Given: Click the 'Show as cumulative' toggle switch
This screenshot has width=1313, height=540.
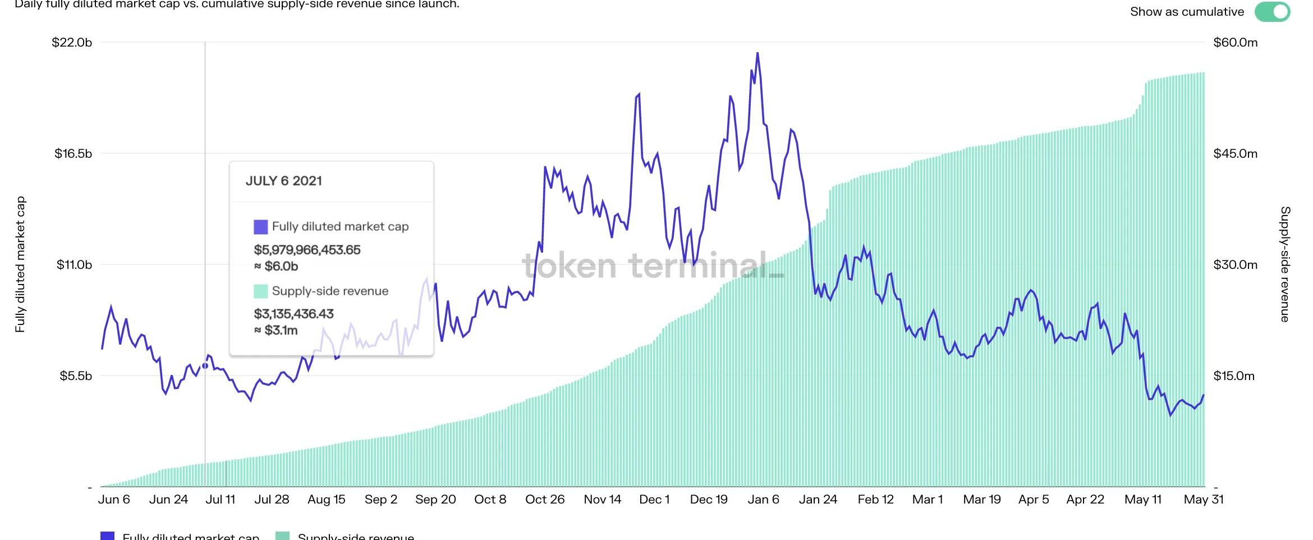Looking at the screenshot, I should [x=1272, y=12].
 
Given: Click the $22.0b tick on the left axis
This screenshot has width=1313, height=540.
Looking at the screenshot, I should [x=72, y=43].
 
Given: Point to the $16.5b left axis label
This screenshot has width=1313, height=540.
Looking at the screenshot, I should [x=73, y=154].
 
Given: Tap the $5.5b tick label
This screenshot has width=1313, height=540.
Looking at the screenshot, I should [x=76, y=376].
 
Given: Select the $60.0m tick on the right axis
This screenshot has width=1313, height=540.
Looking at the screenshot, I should [x=1235, y=43].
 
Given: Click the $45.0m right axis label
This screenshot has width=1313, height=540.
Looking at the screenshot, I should [x=1235, y=154].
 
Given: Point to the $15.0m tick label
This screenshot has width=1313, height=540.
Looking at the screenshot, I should [x=1233, y=376].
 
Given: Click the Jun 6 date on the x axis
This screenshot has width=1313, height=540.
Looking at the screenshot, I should [x=114, y=500].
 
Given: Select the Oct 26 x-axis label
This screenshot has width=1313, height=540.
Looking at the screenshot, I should [x=545, y=500].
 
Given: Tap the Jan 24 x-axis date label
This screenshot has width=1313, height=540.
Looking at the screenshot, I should [x=818, y=500].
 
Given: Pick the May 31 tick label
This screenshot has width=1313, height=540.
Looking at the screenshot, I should [x=1204, y=500].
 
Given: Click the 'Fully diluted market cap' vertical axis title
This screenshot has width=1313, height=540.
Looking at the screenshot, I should [x=20, y=264].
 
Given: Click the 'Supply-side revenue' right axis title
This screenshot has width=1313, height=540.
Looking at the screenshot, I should [x=1285, y=264].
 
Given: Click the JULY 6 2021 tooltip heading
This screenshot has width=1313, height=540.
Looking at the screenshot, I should [x=284, y=181].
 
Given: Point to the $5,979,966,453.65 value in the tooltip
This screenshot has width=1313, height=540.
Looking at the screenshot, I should [x=307, y=250].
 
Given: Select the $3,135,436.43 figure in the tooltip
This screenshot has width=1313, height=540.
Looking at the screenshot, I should [x=293, y=314].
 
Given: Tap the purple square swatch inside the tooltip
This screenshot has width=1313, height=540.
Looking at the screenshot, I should [x=261, y=227].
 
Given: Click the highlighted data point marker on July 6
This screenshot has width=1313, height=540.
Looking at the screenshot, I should [x=205, y=366].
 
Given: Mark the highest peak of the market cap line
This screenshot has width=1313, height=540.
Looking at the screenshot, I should [x=757, y=53].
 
